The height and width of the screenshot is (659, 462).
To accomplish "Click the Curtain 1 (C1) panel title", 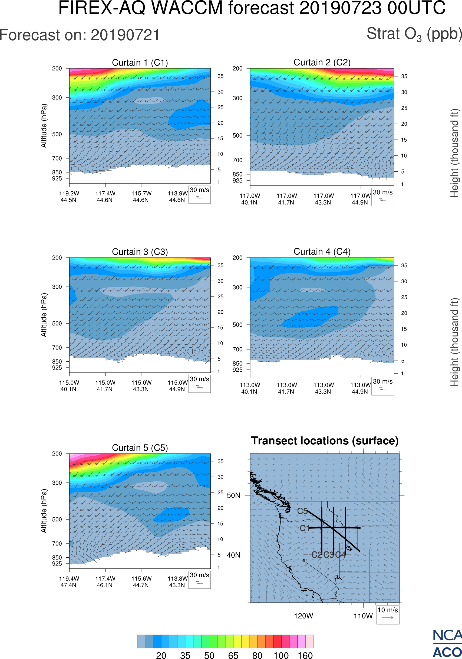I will pyautogui.click(x=140, y=62).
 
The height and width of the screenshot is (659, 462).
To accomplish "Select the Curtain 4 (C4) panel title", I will pyautogui.click(x=322, y=252).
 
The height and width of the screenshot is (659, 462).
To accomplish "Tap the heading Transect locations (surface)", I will pyautogui.click(x=325, y=441).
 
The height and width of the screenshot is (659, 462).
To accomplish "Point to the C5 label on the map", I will pyautogui.click(x=302, y=511).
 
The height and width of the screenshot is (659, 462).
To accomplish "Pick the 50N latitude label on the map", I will pyautogui.click(x=233, y=496).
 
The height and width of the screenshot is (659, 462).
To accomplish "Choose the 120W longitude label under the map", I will pyautogui.click(x=303, y=616).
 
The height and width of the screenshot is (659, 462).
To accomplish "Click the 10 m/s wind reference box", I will pyautogui.click(x=388, y=614).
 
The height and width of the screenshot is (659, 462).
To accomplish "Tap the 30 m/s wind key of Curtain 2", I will pyautogui.click(x=382, y=197).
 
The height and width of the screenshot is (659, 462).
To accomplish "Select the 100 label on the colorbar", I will pyautogui.click(x=281, y=655).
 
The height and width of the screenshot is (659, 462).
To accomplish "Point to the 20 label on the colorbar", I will pyautogui.click(x=161, y=655).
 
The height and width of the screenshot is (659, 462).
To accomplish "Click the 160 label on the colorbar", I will pyautogui.click(x=305, y=655).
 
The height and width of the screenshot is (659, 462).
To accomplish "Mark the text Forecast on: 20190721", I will pyautogui.click(x=80, y=35).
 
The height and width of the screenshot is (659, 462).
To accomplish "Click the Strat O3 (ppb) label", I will pyautogui.click(x=414, y=34).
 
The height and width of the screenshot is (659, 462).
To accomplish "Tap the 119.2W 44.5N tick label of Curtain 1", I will pyautogui.click(x=69, y=197).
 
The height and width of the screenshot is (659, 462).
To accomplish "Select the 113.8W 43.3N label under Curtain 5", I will pyautogui.click(x=177, y=582).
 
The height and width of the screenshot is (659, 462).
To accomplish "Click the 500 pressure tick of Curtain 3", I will pyautogui.click(x=57, y=324).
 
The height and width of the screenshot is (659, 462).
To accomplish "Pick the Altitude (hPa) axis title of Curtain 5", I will pyautogui.click(x=44, y=511).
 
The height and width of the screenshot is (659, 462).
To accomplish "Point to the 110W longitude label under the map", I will pyautogui.click(x=363, y=616).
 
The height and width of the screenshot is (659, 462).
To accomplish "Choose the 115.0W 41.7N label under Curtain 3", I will pyautogui.click(x=105, y=386).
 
